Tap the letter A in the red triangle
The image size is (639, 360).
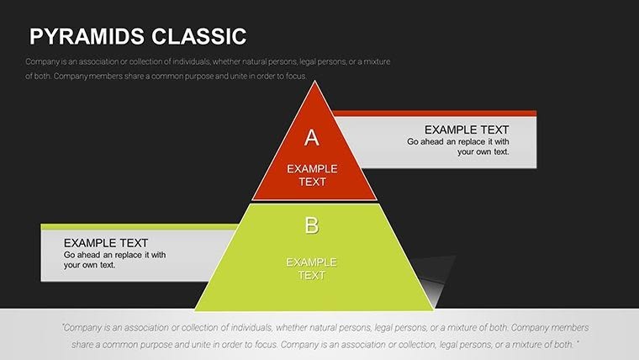[x=312, y=137]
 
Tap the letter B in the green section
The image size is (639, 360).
[x=312, y=225]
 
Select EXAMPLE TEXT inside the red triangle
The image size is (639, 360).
[x=312, y=175]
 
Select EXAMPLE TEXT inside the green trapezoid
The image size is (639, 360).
[x=311, y=268]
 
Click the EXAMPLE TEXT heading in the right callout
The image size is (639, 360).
[x=467, y=130]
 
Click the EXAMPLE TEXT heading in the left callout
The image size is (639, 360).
[x=106, y=242]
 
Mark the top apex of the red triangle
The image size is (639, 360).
[x=315, y=82]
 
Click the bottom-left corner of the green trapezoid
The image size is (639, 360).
[x=196, y=310]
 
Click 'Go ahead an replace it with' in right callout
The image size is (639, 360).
[x=458, y=141]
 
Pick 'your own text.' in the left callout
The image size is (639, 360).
[x=89, y=264]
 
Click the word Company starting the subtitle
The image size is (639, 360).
[x=42, y=62]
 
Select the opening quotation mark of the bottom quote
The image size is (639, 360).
[x=64, y=328]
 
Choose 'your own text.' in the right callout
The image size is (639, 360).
[x=483, y=151]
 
